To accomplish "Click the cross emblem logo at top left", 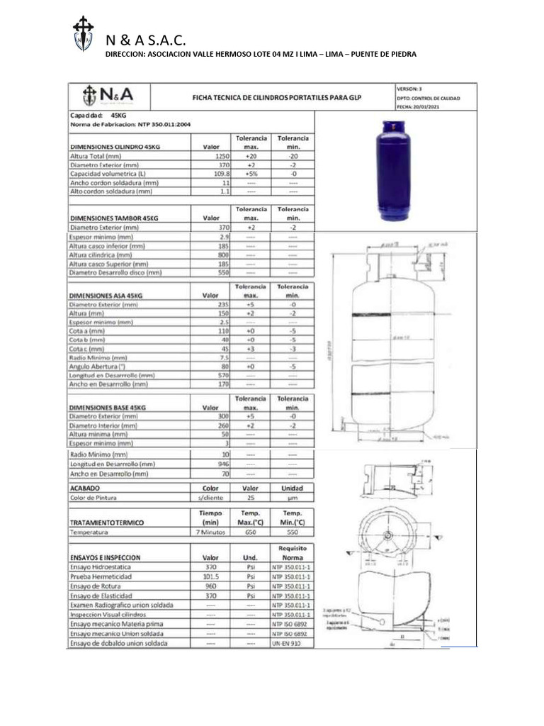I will click(84, 33).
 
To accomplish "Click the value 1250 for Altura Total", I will click(222, 155).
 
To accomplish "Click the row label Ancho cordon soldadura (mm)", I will click(113, 182).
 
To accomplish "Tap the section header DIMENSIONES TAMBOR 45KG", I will click(114, 218).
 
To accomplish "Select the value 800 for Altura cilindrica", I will click(224, 255).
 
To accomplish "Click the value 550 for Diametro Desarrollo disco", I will click(224, 272).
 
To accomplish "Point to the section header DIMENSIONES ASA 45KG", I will click(107, 295).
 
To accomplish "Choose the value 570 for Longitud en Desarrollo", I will click(224, 375).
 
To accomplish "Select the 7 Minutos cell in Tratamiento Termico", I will click(210, 531).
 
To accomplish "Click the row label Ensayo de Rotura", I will click(101, 586).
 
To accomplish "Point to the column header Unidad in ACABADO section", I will click(292, 488).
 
